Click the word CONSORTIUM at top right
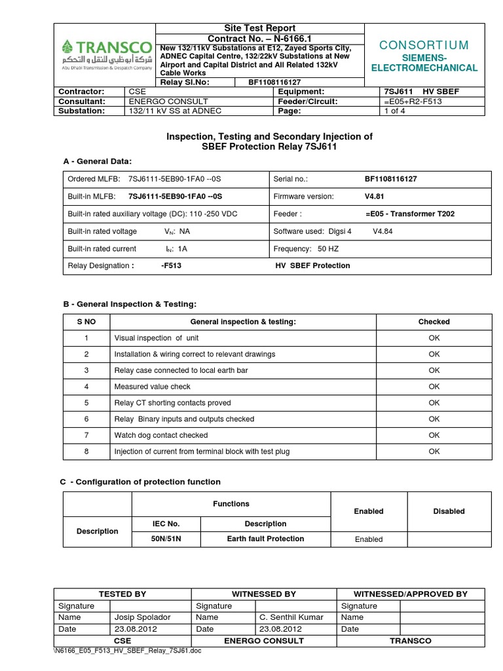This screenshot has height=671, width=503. point(424,45)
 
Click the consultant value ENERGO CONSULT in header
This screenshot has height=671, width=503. point(168,102)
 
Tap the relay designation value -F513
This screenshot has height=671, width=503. point(171,265)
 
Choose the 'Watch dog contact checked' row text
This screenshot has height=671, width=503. point(161,435)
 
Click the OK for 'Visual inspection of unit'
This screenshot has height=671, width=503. point(434,338)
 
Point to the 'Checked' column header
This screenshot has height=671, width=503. point(434,322)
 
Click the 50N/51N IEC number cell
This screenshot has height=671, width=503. point(166,539)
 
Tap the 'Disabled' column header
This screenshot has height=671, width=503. point(449,511)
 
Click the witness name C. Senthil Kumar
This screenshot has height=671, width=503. point(287,617)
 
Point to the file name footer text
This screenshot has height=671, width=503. point(128,651)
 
